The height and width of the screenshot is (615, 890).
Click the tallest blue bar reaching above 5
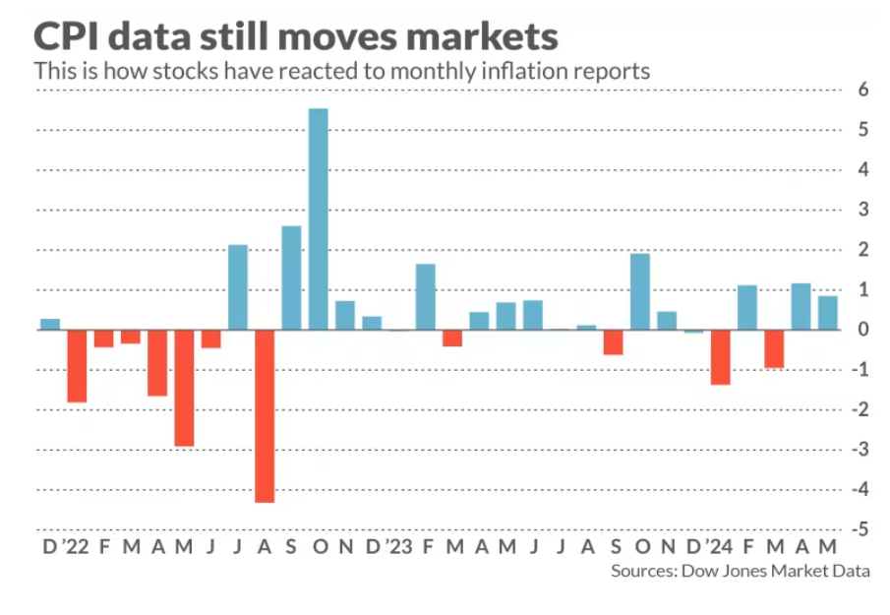tap(318, 218)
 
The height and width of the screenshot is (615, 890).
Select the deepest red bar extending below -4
tap(265, 415)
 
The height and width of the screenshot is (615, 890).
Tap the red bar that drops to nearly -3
tap(184, 388)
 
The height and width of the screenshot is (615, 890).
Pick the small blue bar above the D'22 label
tap(49, 324)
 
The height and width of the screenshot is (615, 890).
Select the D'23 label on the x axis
tap(384, 546)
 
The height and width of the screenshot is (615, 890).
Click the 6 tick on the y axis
tap(862, 90)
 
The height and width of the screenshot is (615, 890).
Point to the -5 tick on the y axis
tap(860, 529)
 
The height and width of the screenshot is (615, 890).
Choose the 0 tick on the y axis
tap(862, 330)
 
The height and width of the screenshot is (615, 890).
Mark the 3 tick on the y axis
tap(862, 210)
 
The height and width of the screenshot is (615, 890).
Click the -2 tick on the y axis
tap(860, 409)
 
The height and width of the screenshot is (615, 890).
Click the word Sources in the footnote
tap(641, 571)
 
